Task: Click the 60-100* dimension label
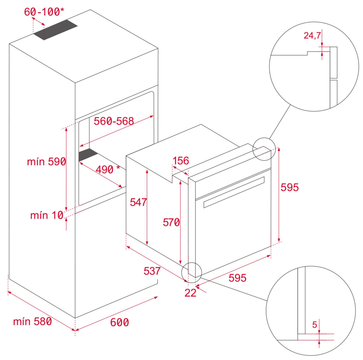44,12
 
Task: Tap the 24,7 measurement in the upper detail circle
312,35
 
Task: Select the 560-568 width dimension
114,121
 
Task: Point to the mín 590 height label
47,162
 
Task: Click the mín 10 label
47,215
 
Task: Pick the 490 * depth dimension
108,169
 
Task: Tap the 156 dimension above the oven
181,161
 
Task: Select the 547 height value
138,202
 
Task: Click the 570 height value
171,222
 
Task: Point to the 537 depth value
152,271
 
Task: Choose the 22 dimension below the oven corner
191,293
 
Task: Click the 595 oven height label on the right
290,187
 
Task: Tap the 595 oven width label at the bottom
237,278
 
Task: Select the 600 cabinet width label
120,322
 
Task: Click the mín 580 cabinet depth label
33,322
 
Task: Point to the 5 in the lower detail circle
314,325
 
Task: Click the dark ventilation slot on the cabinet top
55,30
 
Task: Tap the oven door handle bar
234,192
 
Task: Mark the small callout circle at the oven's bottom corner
192,273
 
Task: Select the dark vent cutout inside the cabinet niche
88,155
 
